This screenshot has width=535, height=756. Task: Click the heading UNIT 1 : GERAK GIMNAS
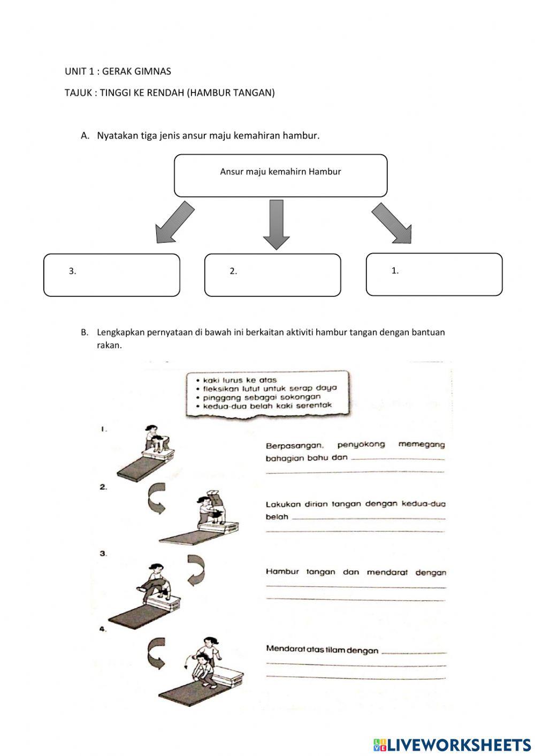click(118, 71)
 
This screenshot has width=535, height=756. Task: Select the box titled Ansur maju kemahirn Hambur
click(280, 175)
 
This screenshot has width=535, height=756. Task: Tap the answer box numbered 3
click(111, 275)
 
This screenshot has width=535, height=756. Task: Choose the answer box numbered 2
click(272, 275)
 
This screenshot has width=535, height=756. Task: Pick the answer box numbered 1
click(434, 274)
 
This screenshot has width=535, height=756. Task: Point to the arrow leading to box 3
click(174, 222)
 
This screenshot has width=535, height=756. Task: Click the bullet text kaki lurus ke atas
click(240, 380)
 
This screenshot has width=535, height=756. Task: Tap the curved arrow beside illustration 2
click(157, 499)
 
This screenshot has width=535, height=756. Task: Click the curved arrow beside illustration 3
click(195, 569)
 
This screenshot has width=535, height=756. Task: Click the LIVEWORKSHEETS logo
click(452, 744)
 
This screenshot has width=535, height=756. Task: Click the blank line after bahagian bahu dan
click(399, 458)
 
